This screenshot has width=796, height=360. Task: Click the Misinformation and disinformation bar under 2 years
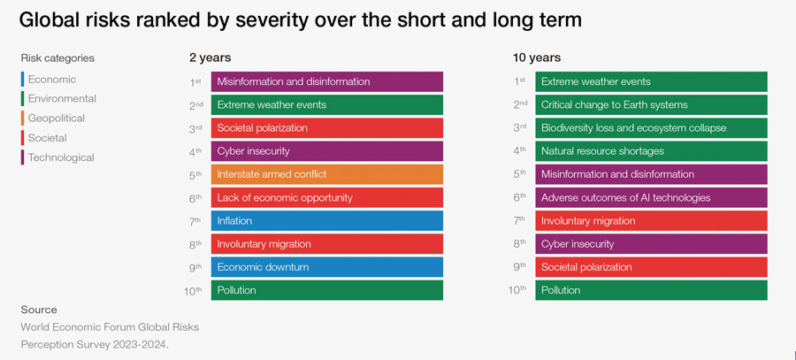tap(326, 81)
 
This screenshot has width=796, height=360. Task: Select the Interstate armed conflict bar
tap(326, 174)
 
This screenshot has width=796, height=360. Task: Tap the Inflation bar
tap(326, 220)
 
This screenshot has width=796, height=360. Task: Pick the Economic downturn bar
tap(326, 267)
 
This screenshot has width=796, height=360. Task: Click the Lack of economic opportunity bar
tap(326, 197)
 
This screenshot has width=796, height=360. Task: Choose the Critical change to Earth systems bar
tap(650, 104)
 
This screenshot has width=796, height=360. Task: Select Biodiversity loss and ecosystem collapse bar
tap(650, 127)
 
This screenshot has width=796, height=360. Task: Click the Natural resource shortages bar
tap(650, 151)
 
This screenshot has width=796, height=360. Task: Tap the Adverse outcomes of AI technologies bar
tap(650, 197)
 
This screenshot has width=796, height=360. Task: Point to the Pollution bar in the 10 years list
tap(650, 290)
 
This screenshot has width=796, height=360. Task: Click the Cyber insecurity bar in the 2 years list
tap(326, 151)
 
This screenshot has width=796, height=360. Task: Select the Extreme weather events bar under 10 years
tap(650, 81)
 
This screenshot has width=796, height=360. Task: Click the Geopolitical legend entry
tap(56, 119)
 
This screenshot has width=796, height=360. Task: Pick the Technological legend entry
tap(60, 157)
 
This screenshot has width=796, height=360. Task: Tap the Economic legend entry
tap(51, 80)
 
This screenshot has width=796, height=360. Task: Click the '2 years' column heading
tap(210, 57)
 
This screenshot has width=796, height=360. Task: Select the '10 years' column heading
tap(536, 57)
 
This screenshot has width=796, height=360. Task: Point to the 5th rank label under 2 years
tap(195, 173)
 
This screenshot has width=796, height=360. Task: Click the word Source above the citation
tap(39, 310)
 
